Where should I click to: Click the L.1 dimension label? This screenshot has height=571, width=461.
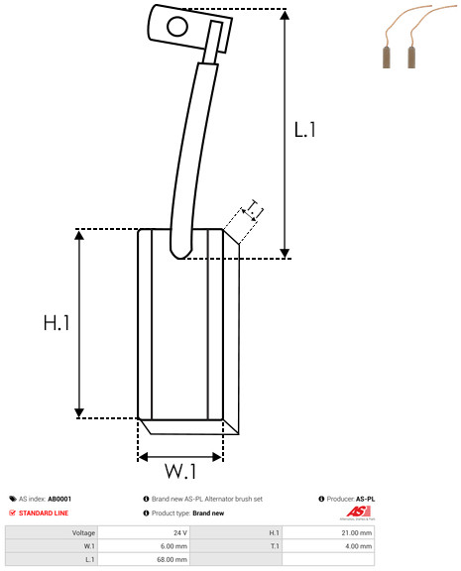(304, 130)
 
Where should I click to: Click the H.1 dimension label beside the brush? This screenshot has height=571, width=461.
(57, 322)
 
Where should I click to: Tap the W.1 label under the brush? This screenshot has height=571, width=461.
(181, 471)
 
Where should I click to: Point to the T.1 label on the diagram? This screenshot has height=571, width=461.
(255, 208)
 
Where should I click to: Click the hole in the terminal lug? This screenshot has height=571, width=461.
(177, 27)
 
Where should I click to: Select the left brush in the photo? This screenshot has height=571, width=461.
(387, 57)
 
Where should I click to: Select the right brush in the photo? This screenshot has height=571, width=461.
(411, 57)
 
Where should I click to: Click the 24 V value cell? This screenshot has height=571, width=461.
(179, 532)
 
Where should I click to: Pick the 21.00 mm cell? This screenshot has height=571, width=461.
(357, 532)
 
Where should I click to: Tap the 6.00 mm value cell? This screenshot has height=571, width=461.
(173, 546)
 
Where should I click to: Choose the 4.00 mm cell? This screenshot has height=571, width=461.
(358, 546)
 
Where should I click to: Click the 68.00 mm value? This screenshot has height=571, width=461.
(172, 559)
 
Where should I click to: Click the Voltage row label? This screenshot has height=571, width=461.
(83, 532)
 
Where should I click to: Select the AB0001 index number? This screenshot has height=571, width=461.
(59, 499)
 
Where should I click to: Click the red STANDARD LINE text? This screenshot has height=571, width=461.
(44, 514)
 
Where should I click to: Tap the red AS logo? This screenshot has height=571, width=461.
(358, 512)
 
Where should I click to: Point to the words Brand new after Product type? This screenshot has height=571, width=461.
(208, 514)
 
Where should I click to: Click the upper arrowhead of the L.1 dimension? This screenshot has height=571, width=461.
(285, 15)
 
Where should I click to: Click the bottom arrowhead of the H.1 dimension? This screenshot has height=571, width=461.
(79, 413)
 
